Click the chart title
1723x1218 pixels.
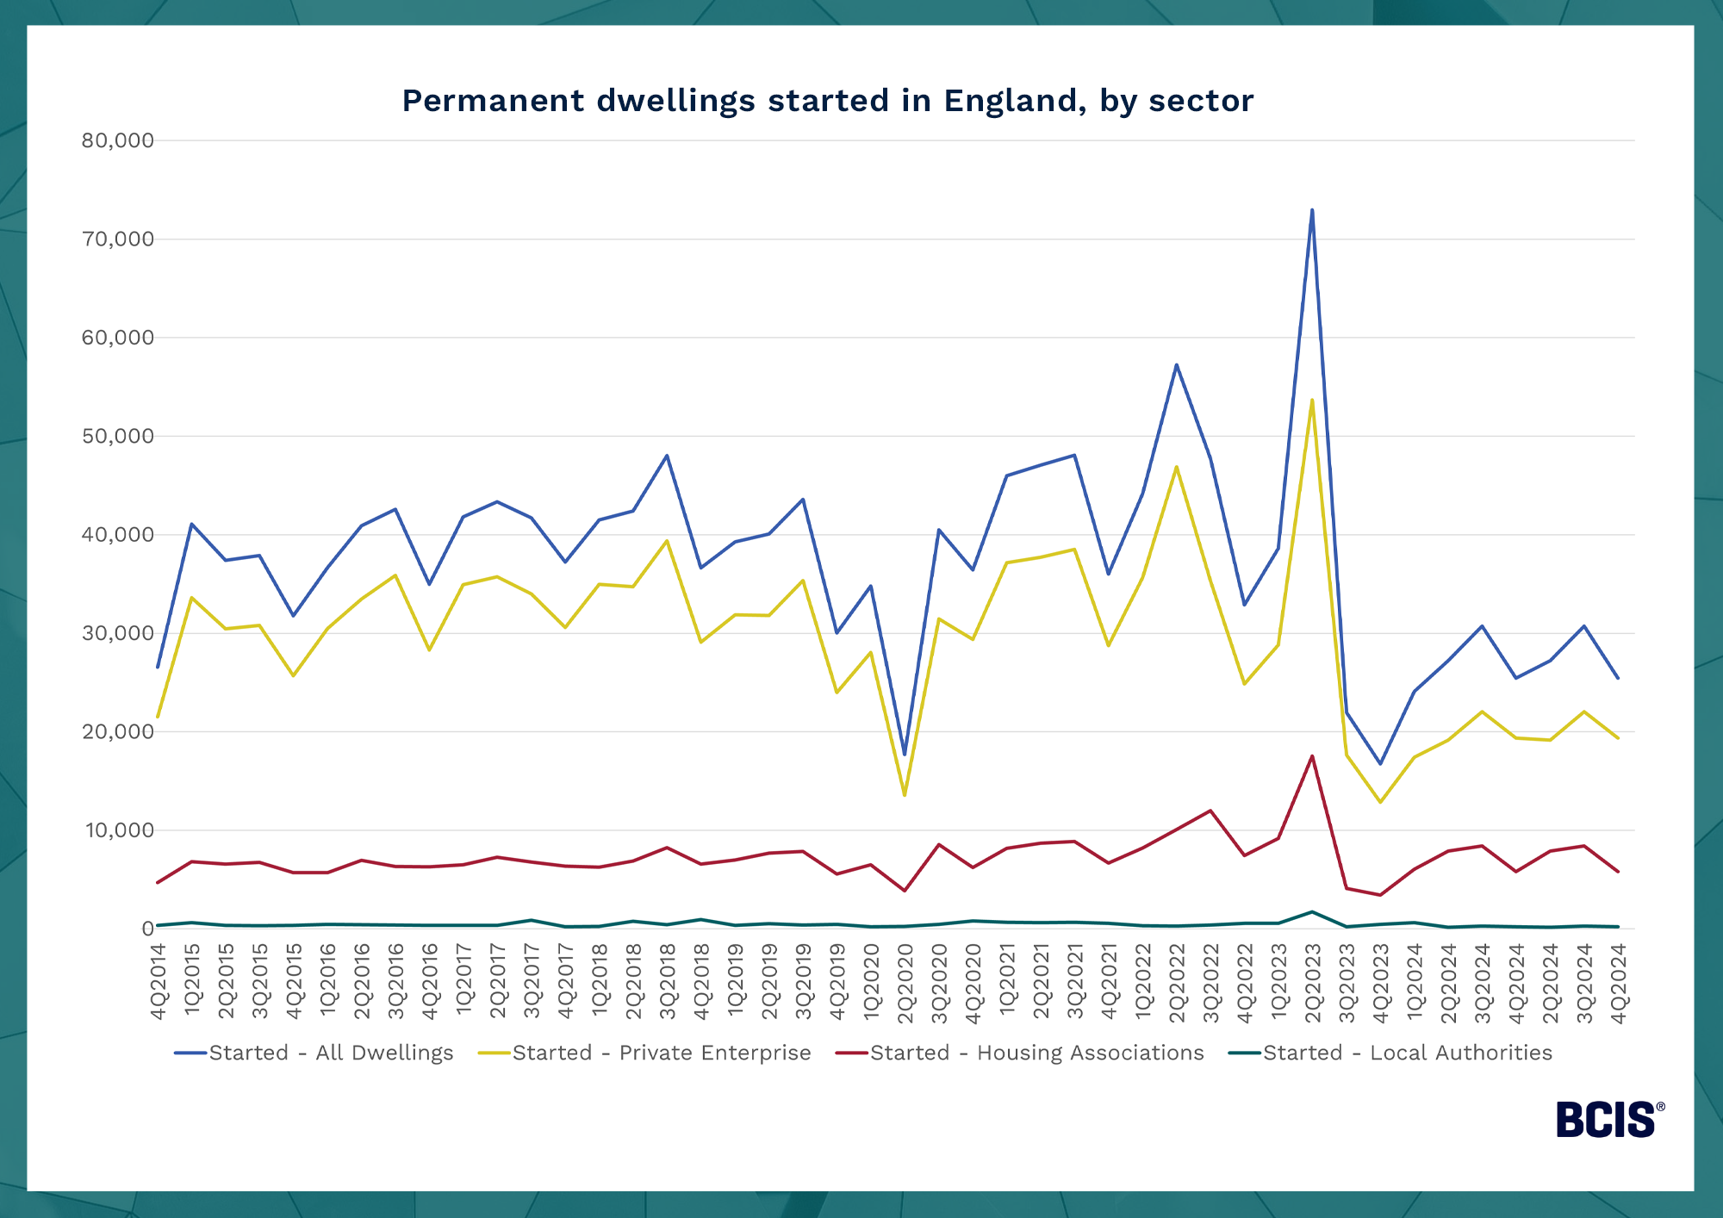click(x=827, y=101)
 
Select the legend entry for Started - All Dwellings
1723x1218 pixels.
click(x=331, y=1053)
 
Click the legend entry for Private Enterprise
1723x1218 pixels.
click(x=662, y=1053)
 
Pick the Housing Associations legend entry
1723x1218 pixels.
click(x=1036, y=1053)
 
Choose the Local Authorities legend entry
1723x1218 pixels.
click(x=1408, y=1053)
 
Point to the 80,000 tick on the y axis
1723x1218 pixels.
click(x=118, y=140)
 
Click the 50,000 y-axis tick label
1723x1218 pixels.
click(x=118, y=436)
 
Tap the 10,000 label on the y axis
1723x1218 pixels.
click(x=118, y=830)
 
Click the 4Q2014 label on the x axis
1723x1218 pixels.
click(x=159, y=982)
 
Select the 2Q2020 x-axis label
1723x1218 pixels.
click(x=905, y=982)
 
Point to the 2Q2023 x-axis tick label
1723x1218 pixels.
click(x=1313, y=982)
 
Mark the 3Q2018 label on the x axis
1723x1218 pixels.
click(x=668, y=982)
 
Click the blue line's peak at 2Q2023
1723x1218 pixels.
click(x=1312, y=209)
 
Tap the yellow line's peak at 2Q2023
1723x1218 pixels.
click(x=1312, y=400)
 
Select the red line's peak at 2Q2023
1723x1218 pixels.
click(x=1312, y=755)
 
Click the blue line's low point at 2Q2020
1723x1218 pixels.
click(x=905, y=755)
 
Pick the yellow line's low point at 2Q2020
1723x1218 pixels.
click(x=905, y=795)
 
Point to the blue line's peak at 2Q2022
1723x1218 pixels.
click(x=1176, y=364)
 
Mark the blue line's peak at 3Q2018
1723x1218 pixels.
click(x=667, y=455)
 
